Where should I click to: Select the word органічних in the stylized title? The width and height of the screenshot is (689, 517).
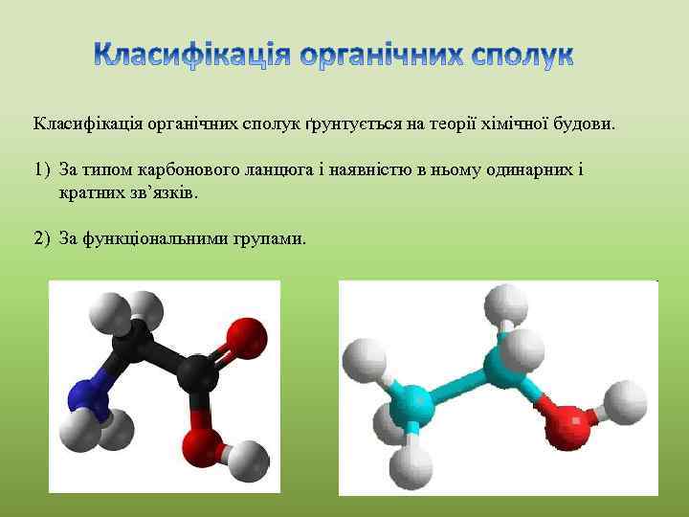click(373, 56)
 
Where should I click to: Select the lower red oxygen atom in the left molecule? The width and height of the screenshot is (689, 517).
click(201, 441)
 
